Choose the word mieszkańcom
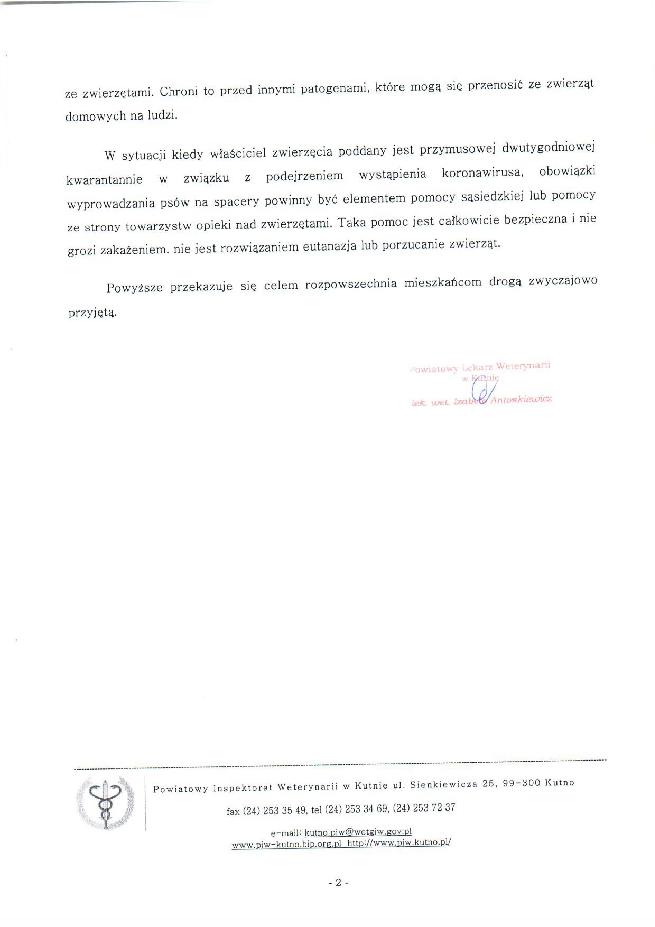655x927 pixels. point(443,283)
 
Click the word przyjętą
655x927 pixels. point(92,313)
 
